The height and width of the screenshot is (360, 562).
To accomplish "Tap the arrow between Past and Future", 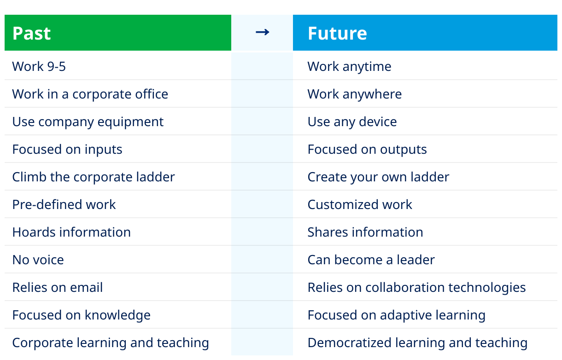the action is [263, 32].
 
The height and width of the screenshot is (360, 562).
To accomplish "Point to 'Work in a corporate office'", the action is [90, 94].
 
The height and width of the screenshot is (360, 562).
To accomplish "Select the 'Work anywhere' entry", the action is [355, 94].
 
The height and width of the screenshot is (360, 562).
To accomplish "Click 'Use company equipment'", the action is [88, 122].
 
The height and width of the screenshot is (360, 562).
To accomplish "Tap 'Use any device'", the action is [352, 122].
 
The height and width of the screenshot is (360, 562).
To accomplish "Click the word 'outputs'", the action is [404, 150].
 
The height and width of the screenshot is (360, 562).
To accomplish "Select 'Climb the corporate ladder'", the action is [94, 177].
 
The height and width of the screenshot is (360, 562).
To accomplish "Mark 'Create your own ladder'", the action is [378, 177].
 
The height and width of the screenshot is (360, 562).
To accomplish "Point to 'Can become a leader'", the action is [371, 260].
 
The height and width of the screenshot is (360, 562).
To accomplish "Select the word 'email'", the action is [86, 287].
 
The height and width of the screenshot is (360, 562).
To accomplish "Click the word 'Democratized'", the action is [350, 343].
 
